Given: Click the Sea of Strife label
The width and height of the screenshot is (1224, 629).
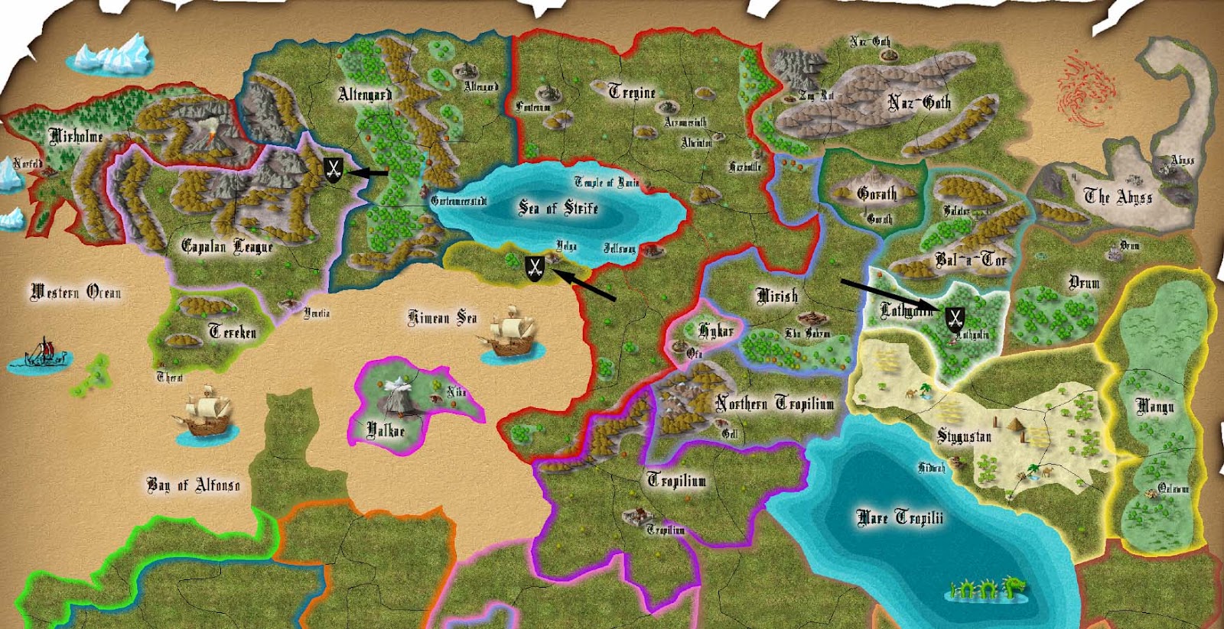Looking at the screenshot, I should coord(558,208).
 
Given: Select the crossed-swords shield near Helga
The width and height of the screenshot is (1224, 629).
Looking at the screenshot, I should coord(534,267).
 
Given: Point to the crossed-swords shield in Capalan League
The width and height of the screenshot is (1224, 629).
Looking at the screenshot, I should coord(333,170).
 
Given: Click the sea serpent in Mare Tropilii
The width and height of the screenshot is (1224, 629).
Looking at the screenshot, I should coord(987,588).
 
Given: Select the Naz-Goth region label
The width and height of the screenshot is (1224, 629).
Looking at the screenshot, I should coord(919,102).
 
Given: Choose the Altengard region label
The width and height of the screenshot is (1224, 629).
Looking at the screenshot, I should coord(365,95).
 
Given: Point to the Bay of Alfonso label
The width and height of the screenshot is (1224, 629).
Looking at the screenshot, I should coord(193,485).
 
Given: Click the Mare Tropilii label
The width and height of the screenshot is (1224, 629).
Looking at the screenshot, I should coord(900,518).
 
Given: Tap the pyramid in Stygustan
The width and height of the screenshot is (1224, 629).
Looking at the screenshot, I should coord(1014,424).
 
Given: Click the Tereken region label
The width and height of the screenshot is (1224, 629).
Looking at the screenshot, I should coord(233,332).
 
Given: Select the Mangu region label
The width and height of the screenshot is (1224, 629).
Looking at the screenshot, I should coord(1154,407).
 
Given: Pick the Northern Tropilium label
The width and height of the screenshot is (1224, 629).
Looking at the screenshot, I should coord(774,404).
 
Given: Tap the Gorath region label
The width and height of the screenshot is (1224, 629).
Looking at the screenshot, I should coord(877,194).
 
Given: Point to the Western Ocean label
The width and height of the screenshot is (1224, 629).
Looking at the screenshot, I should coord(75,292).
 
